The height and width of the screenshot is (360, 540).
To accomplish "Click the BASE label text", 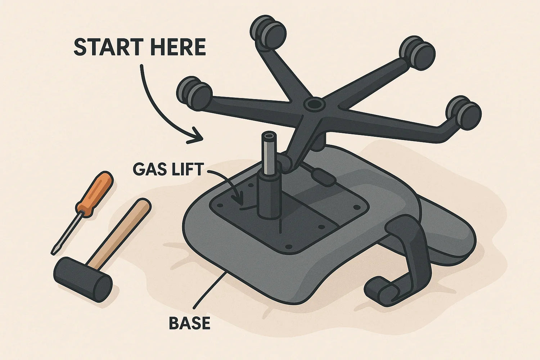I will coord(189,323).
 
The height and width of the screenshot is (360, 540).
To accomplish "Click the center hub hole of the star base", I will coord(314,105).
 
